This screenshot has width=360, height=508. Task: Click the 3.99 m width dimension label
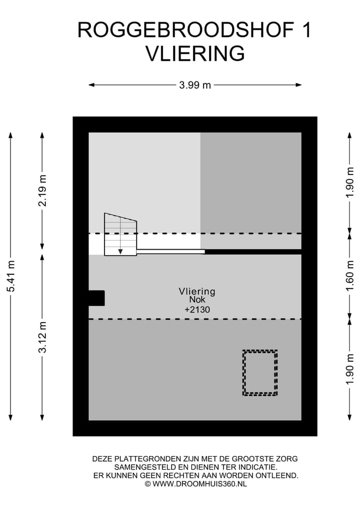click(195, 85)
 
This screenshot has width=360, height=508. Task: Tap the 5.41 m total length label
click(10, 276)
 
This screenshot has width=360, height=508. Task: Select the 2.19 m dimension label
click(42, 191)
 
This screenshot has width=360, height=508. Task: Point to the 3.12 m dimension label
click(42, 337)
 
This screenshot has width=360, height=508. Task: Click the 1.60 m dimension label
click(349, 276)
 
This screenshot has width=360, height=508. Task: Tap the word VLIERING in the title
click(195, 53)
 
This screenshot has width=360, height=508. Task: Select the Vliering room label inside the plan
click(197, 291)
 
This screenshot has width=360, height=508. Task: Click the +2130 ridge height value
click(197, 309)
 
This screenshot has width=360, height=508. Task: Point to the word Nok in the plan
click(197, 299)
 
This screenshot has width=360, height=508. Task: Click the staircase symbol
click(120, 234)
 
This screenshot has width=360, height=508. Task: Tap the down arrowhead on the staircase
click(120, 251)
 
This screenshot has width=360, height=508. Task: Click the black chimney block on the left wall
click(96, 298)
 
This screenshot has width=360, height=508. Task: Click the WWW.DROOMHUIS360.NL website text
click(199, 484)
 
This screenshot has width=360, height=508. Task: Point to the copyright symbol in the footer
click(148, 484)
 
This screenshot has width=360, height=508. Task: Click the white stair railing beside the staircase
click(170, 251)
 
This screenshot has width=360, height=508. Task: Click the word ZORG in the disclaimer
click(286, 459)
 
